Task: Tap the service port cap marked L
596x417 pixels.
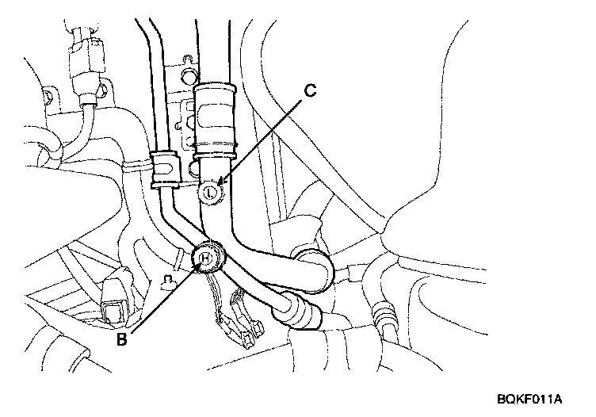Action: [x=210, y=191]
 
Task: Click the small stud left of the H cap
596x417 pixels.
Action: [x=167, y=280]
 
